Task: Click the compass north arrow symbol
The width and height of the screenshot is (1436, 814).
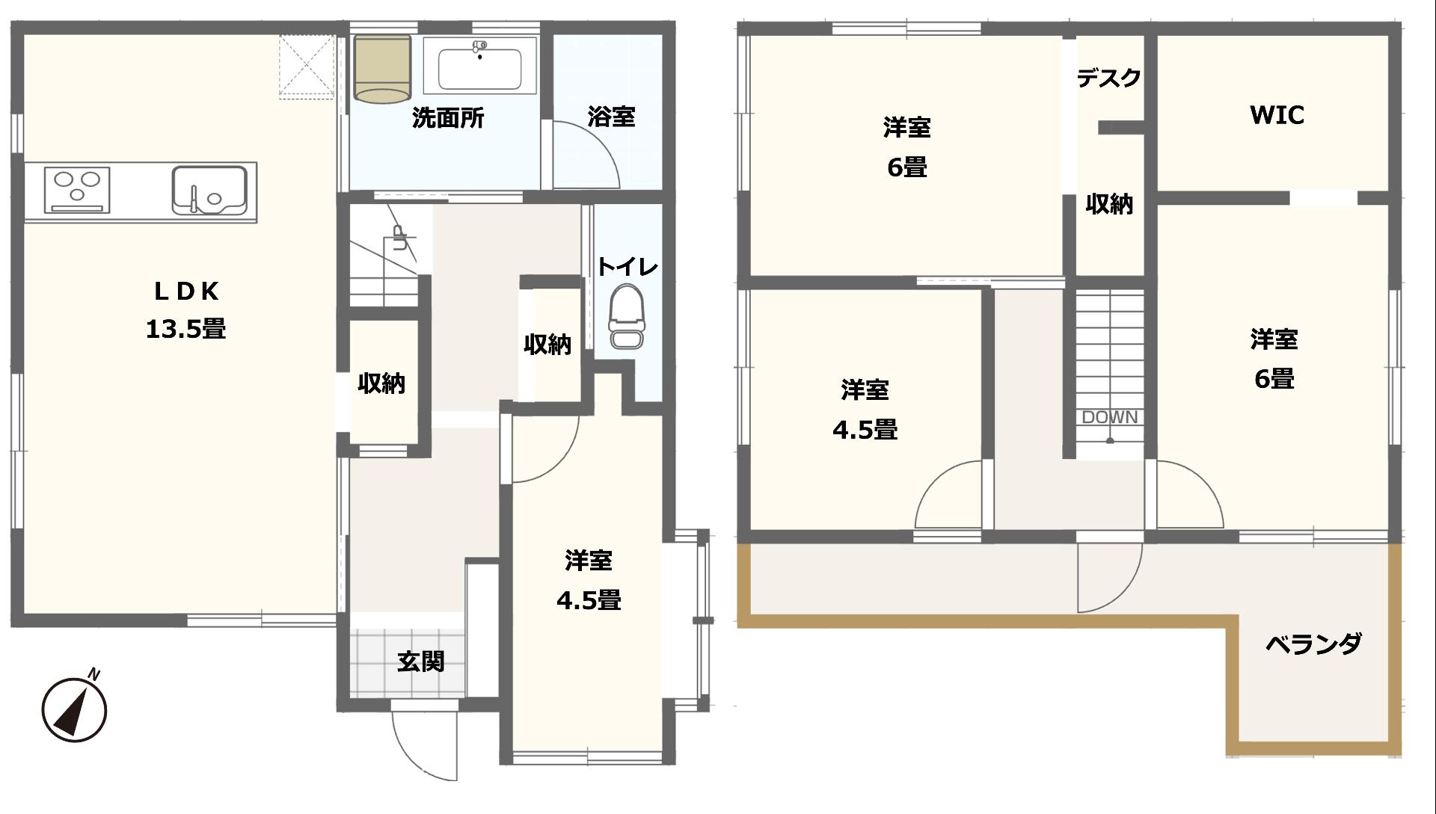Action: (x=74, y=709)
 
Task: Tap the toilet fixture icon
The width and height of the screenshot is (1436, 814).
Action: (x=627, y=317)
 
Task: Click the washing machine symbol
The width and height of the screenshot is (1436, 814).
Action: (x=383, y=68)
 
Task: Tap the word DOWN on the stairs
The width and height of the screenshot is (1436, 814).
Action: (x=1110, y=417)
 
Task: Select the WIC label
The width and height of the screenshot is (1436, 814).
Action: (x=1277, y=115)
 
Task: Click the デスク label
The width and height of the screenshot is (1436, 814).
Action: (x=1109, y=78)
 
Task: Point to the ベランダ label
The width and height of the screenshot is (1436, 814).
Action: (x=1313, y=644)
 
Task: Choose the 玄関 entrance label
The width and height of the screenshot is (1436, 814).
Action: (x=421, y=662)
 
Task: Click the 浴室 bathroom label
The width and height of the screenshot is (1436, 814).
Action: (x=611, y=117)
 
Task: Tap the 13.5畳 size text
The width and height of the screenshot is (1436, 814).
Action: (x=185, y=329)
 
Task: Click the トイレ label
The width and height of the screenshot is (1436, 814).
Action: (x=627, y=267)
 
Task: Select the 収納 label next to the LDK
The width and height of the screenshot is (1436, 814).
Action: (x=381, y=383)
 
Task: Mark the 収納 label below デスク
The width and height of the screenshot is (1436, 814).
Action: (x=1109, y=204)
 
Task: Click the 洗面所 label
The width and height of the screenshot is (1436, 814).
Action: (x=448, y=118)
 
